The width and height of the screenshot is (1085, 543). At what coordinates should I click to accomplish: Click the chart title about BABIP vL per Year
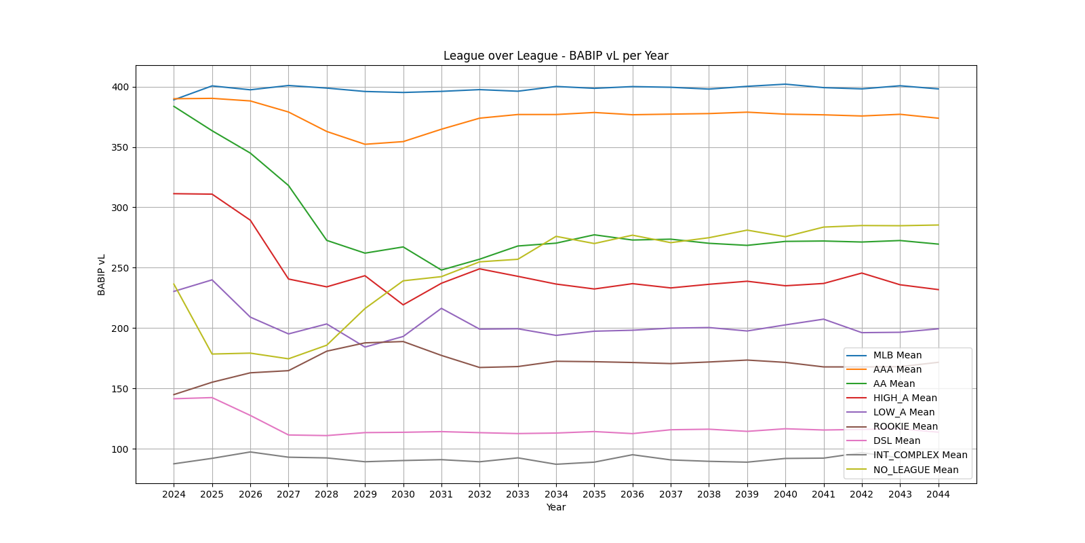555,56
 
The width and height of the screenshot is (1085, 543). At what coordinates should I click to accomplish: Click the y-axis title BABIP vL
102,275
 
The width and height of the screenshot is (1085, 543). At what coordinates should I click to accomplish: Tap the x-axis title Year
555,507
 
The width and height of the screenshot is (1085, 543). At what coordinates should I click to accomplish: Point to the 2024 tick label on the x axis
174,494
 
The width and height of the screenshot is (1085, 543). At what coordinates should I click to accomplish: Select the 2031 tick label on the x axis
441,494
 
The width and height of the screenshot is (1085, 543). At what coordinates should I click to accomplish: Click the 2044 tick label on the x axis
938,494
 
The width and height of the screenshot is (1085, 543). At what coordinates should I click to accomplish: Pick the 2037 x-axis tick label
671,494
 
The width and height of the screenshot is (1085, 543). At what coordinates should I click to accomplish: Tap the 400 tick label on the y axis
120,87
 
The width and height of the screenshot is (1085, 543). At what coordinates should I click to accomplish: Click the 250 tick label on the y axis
120,268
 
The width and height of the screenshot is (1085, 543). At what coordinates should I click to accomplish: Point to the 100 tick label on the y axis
120,449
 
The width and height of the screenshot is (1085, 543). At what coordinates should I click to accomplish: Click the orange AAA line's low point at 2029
365,144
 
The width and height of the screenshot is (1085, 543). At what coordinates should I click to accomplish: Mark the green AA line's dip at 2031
441,270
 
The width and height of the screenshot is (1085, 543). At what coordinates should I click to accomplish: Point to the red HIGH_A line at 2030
403,305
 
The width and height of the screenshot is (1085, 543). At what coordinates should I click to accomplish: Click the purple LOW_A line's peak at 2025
212,280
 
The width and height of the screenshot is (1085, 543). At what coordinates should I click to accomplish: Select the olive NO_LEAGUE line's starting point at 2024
174,284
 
